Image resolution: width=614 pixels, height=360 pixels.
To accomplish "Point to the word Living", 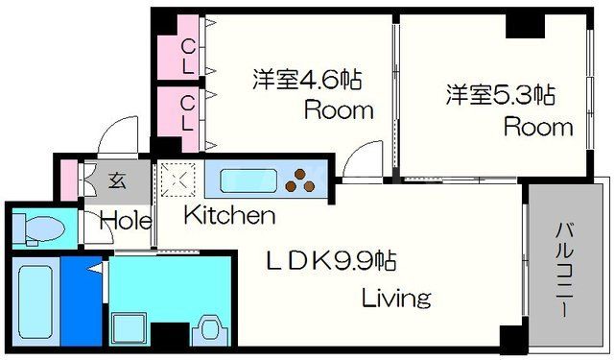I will pyautogui.click(x=395, y=298).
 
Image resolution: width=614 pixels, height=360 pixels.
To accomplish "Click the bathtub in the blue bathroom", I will pyautogui.click(x=37, y=300).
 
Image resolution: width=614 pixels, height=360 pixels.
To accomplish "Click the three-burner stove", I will pyautogui.click(x=305, y=179).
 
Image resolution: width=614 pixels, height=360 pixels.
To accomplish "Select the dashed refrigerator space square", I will pyautogui.click(x=177, y=179).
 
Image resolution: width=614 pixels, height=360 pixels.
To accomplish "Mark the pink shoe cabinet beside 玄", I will pyautogui.click(x=67, y=179).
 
